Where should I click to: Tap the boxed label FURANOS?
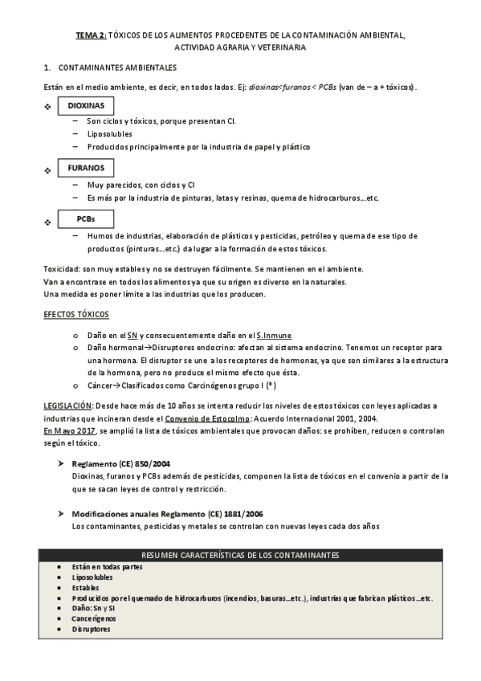[x=86, y=169]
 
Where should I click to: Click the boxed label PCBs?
[x=86, y=218]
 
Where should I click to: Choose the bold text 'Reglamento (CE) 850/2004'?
[x=120, y=464]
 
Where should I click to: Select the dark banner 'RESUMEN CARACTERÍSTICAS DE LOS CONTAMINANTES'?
[x=239, y=556]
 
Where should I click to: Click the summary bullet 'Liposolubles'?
[x=92, y=577]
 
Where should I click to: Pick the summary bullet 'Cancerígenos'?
[x=94, y=618]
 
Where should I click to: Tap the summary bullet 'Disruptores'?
[x=91, y=629]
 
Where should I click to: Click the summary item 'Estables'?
[x=86, y=587]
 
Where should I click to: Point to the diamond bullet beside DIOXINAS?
[x=47, y=108]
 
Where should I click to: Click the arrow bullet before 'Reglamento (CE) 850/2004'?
[x=60, y=465]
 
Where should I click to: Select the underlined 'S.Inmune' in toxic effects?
[x=274, y=334]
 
